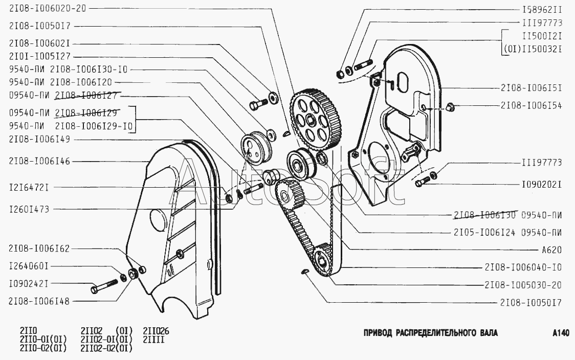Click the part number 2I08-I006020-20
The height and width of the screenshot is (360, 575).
(48, 9)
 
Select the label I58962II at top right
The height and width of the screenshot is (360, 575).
(542, 9)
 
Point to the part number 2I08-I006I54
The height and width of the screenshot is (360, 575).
(531, 105)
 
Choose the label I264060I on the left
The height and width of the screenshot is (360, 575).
(29, 266)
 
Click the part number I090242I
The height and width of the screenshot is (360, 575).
(29, 283)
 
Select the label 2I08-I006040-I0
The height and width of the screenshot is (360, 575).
(523, 267)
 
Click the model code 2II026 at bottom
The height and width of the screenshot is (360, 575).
(156, 331)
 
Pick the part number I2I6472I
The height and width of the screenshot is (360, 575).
(29, 188)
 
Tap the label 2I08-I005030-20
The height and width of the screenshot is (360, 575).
(523, 285)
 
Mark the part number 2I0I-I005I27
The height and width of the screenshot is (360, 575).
(39, 57)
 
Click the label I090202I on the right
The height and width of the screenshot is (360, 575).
(542, 184)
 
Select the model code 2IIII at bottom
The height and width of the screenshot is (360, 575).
(153, 340)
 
